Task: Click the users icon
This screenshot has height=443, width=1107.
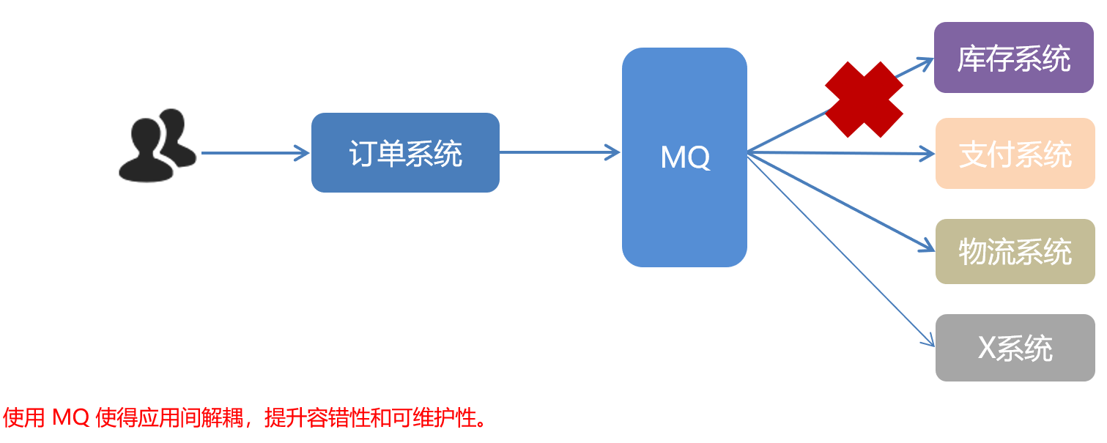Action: click(x=156, y=146)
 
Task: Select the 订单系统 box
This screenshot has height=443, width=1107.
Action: click(x=405, y=153)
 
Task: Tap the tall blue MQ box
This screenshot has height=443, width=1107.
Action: click(x=684, y=157)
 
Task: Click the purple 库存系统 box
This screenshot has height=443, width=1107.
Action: click(x=1013, y=58)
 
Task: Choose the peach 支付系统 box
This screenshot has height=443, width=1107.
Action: click(x=1015, y=154)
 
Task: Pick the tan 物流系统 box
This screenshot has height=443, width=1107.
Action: click(x=1015, y=251)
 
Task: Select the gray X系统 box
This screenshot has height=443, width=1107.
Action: click(x=1015, y=348)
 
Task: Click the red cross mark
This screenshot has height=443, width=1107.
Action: click(x=864, y=100)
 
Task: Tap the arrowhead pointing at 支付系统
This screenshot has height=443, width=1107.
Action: click(x=928, y=154)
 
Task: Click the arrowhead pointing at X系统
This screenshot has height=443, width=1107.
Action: click(x=929, y=340)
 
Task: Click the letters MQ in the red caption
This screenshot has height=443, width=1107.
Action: click(x=71, y=419)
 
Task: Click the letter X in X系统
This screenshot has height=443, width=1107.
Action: click(x=987, y=349)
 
